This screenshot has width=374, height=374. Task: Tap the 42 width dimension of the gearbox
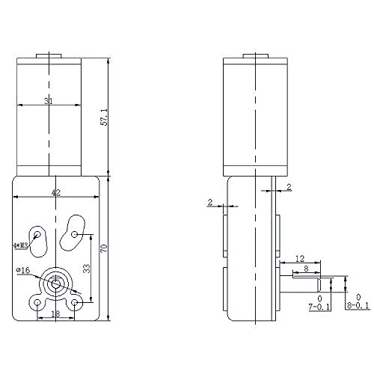point(56,192)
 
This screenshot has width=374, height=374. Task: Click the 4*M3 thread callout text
point(21,244)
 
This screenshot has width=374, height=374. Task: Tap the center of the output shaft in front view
point(56,284)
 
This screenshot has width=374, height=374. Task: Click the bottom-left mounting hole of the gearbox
point(37,302)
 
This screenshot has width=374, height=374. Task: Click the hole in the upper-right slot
point(76,235)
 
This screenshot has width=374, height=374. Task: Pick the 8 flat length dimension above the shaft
point(306,272)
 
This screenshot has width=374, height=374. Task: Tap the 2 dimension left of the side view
point(210,202)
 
